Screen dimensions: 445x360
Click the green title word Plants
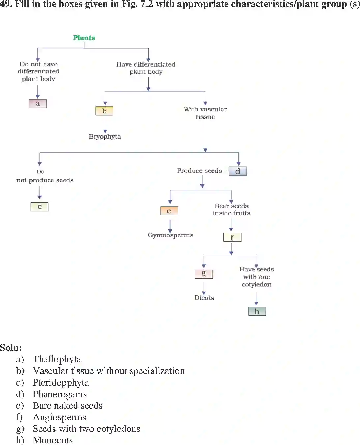click(84, 38)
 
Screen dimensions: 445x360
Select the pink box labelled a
click(38, 104)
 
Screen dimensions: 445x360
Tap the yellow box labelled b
click(104, 111)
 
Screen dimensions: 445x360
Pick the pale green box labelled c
click(40, 207)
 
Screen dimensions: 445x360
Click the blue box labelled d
click(238, 171)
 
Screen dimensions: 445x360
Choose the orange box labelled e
click(169, 211)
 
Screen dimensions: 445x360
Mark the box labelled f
click(232, 237)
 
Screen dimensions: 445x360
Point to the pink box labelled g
click(204, 274)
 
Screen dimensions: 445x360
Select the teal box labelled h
click(257, 311)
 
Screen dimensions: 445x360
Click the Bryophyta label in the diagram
click(105, 136)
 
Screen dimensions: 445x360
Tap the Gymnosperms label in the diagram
click(170, 235)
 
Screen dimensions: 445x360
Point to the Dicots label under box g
click(204, 298)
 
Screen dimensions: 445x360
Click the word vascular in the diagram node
click(214, 109)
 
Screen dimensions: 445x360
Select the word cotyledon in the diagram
click(256, 284)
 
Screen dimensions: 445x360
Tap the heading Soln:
click(11, 348)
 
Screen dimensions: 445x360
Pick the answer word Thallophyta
click(57, 359)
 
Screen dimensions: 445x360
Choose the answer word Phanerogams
click(60, 394)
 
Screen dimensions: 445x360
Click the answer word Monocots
click(53, 440)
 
